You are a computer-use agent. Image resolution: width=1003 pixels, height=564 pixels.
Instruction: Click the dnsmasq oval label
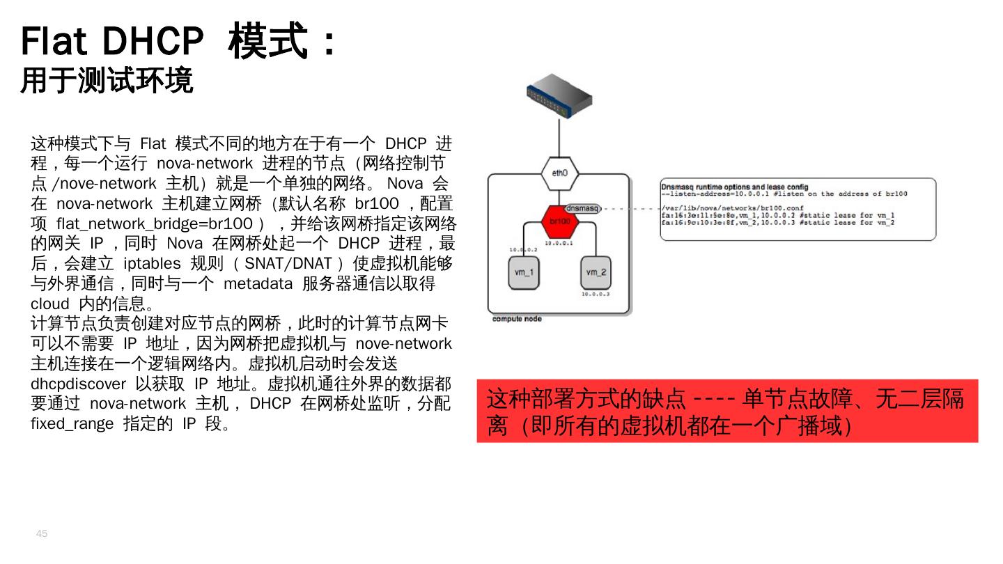tap(582, 208)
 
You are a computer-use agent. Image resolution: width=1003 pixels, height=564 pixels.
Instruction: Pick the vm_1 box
tap(522, 272)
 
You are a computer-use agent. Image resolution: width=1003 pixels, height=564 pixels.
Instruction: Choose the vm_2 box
tap(596, 272)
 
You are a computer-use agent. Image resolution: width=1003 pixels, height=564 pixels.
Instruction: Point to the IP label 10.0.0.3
tap(596, 294)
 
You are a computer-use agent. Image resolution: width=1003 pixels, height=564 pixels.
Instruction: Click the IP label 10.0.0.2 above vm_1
tap(522, 249)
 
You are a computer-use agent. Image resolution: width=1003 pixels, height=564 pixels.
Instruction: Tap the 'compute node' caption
tap(517, 319)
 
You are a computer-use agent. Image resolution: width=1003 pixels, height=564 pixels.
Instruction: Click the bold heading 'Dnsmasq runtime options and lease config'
tap(735, 187)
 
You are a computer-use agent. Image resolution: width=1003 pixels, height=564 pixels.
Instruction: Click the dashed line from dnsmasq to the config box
tap(630, 208)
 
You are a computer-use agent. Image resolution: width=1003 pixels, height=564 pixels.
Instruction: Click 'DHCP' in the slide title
tap(153, 42)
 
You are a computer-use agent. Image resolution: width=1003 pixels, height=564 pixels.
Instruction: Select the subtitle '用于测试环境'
tap(107, 81)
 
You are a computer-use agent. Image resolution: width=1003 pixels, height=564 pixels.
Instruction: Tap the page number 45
tap(42, 533)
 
